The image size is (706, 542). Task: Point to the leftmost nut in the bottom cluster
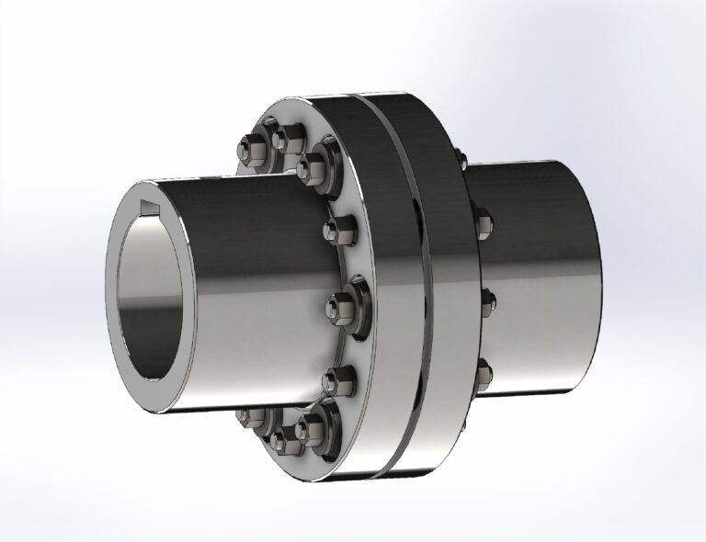[x=248, y=418]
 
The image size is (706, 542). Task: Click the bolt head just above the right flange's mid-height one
[x=483, y=222]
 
